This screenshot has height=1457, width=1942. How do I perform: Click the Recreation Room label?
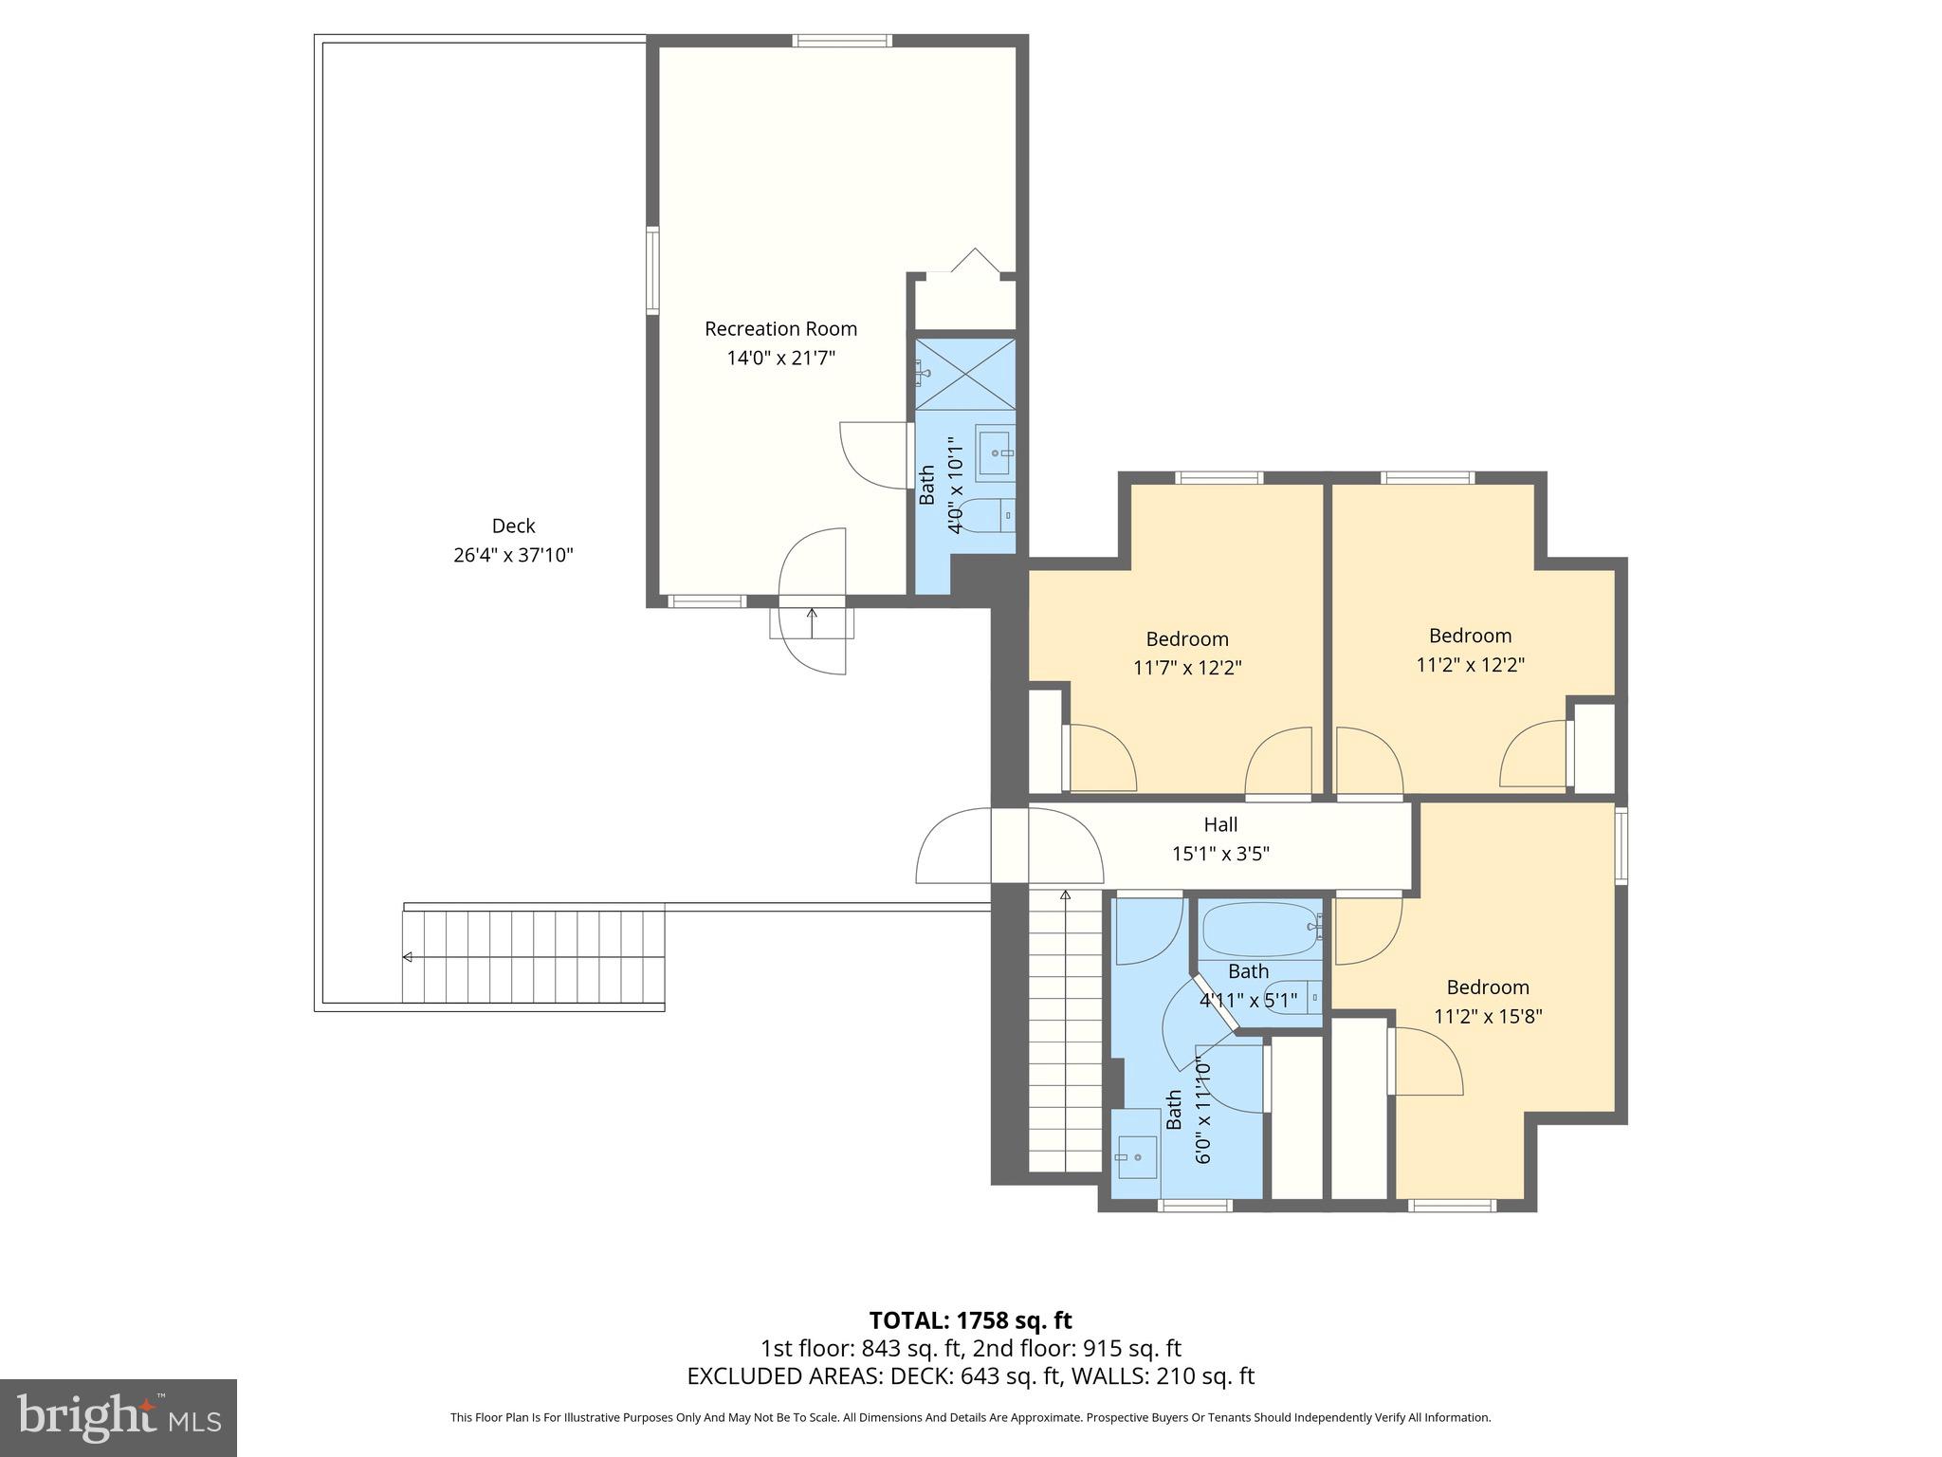[780, 329]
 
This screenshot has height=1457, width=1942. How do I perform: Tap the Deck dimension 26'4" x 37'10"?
[513, 555]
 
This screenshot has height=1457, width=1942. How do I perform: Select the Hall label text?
[1220, 824]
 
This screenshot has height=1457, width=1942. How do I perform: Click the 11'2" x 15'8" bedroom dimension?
[1488, 1017]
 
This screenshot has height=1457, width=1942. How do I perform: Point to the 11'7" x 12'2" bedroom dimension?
[1187, 668]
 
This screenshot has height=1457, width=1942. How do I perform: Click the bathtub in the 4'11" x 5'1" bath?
[1259, 929]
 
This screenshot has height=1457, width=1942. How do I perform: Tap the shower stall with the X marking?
[964, 374]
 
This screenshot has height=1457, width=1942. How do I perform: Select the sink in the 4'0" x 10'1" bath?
[994, 455]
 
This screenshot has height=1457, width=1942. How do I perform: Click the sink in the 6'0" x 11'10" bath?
[1136, 1156]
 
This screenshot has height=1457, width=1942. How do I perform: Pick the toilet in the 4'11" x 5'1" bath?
[1295, 996]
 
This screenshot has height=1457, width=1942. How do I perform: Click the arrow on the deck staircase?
[408, 957]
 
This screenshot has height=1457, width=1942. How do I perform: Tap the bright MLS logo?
[119, 1417]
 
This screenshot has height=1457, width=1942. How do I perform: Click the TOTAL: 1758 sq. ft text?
[970, 1320]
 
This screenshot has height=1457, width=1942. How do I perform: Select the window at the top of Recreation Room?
[841, 41]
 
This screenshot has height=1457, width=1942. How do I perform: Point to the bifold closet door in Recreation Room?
[974, 262]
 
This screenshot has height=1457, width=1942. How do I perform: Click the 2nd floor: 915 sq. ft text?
[1077, 1348]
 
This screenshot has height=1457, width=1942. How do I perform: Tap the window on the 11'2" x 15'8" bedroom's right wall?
[1621, 845]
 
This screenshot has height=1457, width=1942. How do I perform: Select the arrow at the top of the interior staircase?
[1065, 894]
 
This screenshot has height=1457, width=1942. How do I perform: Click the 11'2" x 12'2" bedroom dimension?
[1470, 665]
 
